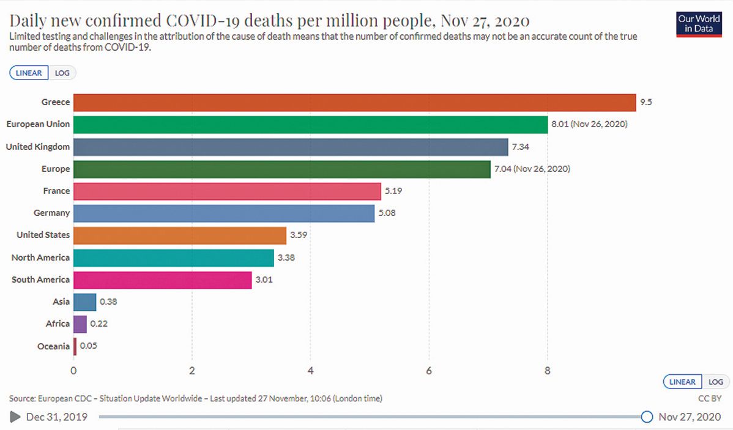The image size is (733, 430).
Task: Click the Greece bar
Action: pyautogui.click(x=355, y=102)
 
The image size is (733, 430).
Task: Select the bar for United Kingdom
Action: pyautogui.click(x=291, y=147)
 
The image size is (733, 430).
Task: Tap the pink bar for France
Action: pyautogui.click(x=226, y=191)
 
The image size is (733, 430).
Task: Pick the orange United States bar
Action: pyautogui.click(x=180, y=235)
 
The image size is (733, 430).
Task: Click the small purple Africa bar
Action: pyautogui.click(x=80, y=324)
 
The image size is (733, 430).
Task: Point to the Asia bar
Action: pyautogui.click(x=85, y=302)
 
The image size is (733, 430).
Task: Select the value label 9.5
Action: pyautogui.click(x=646, y=102)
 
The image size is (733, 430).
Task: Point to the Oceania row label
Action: pyautogui.click(x=54, y=346)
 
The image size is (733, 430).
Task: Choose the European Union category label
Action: pyautogui.click(x=38, y=124)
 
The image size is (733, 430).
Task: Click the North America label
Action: pyautogui.click(x=40, y=258)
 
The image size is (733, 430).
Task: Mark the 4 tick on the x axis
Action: pyautogui.click(x=311, y=370)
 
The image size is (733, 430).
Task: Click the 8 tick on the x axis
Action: pyautogui.click(x=548, y=370)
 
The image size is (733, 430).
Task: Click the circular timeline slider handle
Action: pyautogui.click(x=647, y=417)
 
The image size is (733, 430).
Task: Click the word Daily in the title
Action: pyautogui.click(x=31, y=21)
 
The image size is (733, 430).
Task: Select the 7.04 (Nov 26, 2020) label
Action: pyautogui.click(x=532, y=169)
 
